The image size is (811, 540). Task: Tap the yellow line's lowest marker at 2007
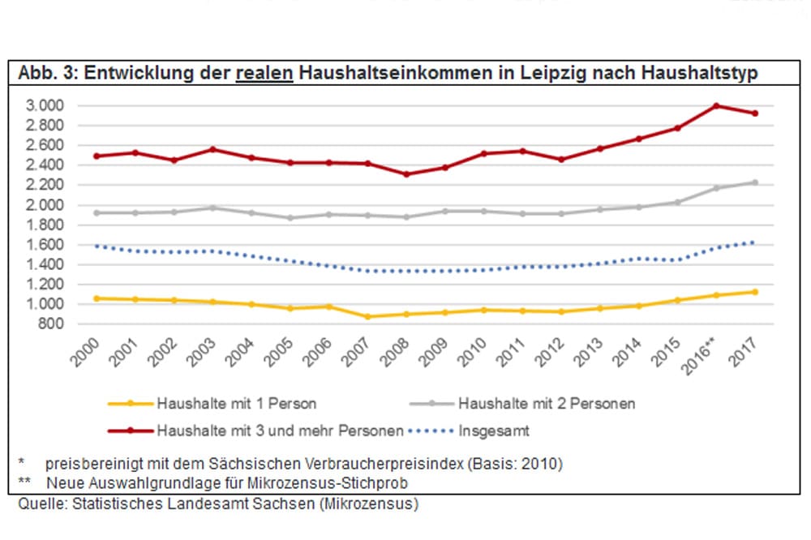[x=368, y=316]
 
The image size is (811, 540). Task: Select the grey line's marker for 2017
[x=755, y=182]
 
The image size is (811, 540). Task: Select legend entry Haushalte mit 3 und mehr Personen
[x=280, y=431]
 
